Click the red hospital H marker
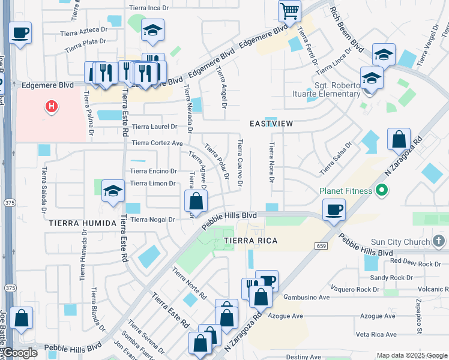(52, 107)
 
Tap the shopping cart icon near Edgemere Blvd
(289, 11)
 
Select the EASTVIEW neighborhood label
(271, 124)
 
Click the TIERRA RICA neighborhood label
(250, 241)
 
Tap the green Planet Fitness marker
(380, 191)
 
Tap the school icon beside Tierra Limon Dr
(112, 191)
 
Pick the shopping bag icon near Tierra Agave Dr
(196, 200)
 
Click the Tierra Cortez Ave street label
(157, 143)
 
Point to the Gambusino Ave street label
(307, 297)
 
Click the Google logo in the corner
(20, 353)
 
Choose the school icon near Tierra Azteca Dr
(152, 29)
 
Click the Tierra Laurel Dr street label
(154, 127)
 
